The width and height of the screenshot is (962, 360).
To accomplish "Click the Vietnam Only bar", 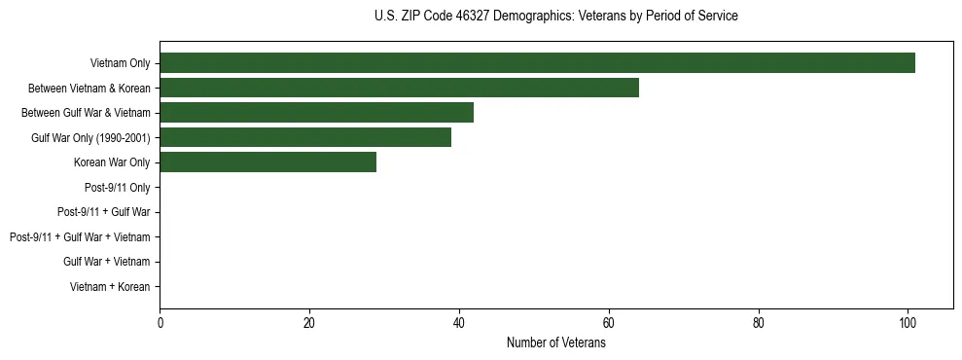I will pyautogui.click(x=537, y=63).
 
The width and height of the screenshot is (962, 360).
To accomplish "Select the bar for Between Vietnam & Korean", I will pyautogui.click(x=399, y=88).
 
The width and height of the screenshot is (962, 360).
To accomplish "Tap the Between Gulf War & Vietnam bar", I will pyautogui.click(x=316, y=113).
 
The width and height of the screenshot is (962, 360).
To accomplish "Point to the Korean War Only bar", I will pyautogui.click(x=267, y=162).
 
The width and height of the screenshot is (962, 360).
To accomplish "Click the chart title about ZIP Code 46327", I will pyautogui.click(x=555, y=17).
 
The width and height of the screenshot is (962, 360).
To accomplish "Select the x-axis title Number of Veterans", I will pyautogui.click(x=555, y=342).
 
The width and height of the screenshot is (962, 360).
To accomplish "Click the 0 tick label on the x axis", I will pyautogui.click(x=160, y=324).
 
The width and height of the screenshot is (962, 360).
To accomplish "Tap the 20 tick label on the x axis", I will pyautogui.click(x=309, y=324).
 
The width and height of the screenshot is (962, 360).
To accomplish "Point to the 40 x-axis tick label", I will pyautogui.click(x=459, y=324).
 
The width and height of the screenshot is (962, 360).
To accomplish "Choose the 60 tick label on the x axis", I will pyautogui.click(x=609, y=324).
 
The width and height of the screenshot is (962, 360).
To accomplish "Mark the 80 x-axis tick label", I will pyautogui.click(x=759, y=324).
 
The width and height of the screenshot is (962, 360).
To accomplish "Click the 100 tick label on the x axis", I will pyautogui.click(x=908, y=324).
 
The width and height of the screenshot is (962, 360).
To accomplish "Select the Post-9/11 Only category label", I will pyautogui.click(x=118, y=188).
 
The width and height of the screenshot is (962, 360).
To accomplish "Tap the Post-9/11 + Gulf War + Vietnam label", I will pyautogui.click(x=80, y=237).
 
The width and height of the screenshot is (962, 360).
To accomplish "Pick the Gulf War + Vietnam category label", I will pyautogui.click(x=106, y=262).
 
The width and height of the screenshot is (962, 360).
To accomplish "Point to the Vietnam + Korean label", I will pyautogui.click(x=110, y=287).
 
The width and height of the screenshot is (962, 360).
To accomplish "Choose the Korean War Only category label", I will pyautogui.click(x=112, y=162).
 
